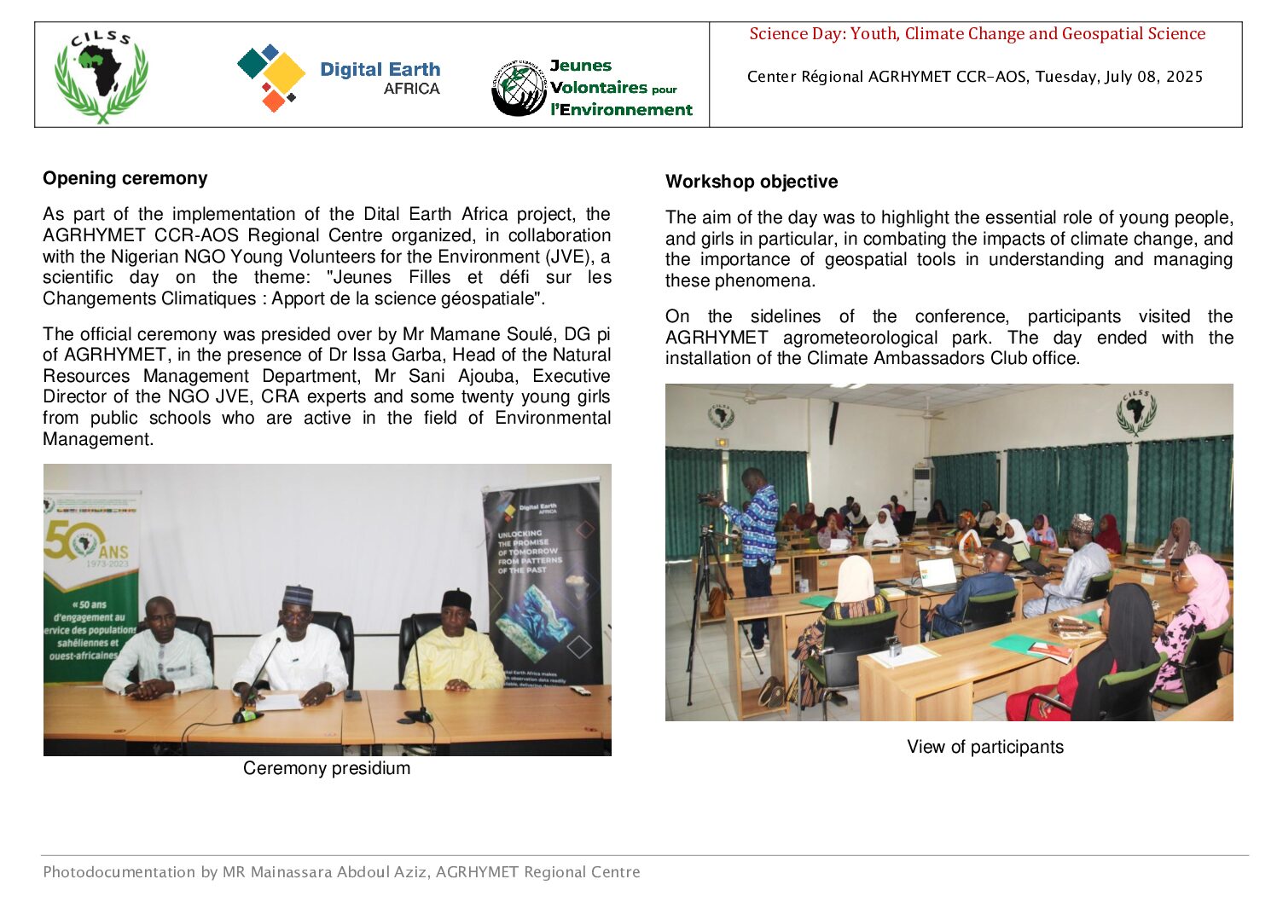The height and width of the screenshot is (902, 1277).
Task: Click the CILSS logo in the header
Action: pos(102,77)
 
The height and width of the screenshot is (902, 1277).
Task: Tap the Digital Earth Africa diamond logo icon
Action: pos(271,77)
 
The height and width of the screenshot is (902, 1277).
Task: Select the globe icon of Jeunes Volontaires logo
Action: pos(518,88)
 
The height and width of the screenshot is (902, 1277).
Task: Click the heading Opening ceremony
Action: pos(125,178)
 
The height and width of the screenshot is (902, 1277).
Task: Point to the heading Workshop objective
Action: pos(752,182)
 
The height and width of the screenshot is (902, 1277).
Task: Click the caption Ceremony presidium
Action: pos(327,768)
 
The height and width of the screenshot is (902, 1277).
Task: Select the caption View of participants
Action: pos(985,747)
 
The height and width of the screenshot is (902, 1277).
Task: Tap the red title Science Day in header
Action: pos(977,34)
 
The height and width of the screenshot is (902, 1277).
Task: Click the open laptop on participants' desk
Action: pos(937,574)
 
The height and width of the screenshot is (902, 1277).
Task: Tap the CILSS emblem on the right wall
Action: pos(1136,413)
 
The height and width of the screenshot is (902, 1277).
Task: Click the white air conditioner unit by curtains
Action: pos(921,490)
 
